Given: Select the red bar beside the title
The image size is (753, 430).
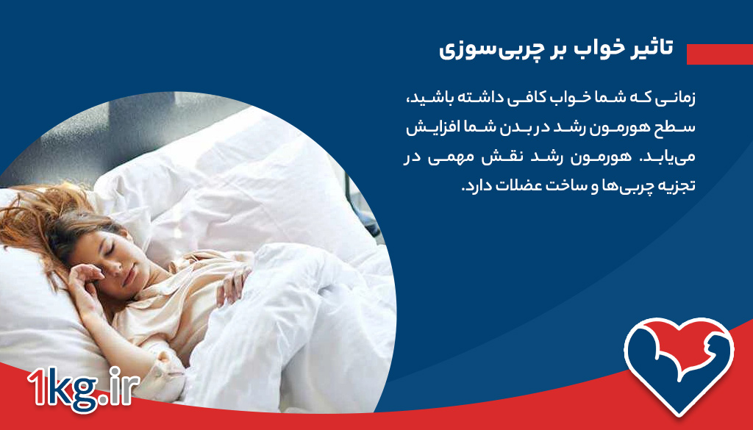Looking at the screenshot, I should pyautogui.click(x=718, y=54).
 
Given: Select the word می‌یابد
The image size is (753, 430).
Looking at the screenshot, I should pyautogui.click(x=671, y=157).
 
